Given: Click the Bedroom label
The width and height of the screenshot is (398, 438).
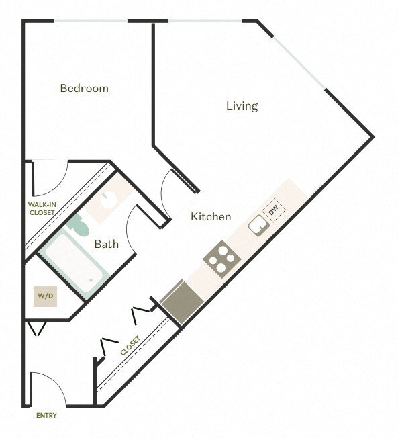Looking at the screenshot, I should click(84, 88).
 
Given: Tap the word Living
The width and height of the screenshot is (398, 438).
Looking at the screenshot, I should click(242, 105).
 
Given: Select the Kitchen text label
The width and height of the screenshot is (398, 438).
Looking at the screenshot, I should click(211, 216).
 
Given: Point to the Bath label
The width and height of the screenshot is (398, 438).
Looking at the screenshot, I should click(106, 244).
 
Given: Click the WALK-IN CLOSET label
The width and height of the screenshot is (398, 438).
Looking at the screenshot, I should click(42, 208).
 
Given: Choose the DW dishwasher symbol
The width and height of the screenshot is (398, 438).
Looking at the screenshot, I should click(274, 211).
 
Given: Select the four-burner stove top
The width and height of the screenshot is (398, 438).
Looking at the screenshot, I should click(219, 259).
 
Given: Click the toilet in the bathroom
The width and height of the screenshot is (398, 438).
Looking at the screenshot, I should click(79, 226).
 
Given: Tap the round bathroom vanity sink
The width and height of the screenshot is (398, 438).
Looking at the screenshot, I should click(107, 200).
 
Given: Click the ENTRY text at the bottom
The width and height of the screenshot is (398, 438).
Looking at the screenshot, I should click(46, 415).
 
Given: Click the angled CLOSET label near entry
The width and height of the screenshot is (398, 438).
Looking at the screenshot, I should click(130, 346).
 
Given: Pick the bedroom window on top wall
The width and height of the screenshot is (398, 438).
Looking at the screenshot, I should click(91, 21).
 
